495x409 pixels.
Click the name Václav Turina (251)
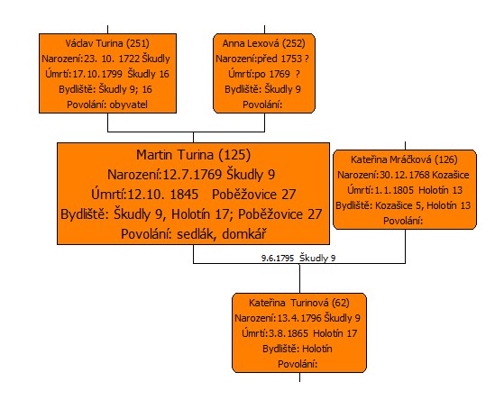[x=107, y=43]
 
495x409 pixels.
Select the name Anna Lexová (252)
[x=263, y=43]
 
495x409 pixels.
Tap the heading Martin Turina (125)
[x=193, y=155]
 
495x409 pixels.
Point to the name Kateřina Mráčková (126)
[x=404, y=159]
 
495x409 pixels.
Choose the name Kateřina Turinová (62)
[x=299, y=303]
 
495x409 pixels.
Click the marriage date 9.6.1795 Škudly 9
[x=298, y=258]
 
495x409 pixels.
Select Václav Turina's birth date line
[x=105, y=59]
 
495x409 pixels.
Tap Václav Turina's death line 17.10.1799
[x=107, y=74]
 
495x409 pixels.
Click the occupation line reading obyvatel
[x=107, y=105]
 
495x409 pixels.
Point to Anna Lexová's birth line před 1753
[x=262, y=59]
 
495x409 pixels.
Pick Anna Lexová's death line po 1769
[x=264, y=74]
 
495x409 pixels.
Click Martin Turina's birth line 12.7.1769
[x=191, y=175]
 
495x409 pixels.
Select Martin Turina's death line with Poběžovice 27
[x=193, y=195]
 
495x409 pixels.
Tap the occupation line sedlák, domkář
[x=193, y=234]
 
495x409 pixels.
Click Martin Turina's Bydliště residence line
[x=191, y=214]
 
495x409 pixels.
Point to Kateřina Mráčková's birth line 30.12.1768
[x=403, y=175]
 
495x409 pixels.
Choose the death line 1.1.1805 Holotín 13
[x=405, y=190]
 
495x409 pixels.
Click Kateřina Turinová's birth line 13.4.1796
[x=298, y=318]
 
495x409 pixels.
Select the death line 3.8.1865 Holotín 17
[x=299, y=333]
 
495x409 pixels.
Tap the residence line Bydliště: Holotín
[x=298, y=349]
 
